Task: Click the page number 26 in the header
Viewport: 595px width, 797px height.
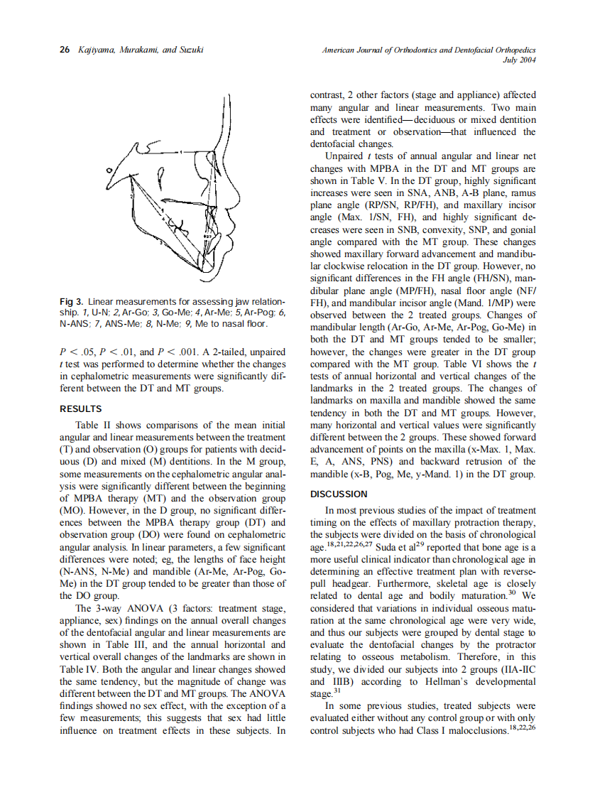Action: (x=64, y=50)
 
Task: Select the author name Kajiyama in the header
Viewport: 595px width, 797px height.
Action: (x=93, y=50)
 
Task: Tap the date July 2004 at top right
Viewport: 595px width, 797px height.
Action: (x=518, y=60)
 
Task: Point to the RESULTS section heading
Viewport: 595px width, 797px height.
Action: (x=81, y=409)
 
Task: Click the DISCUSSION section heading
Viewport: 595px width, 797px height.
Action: (x=339, y=494)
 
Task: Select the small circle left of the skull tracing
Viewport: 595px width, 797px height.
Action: (x=109, y=170)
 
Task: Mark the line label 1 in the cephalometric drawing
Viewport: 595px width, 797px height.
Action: (x=181, y=152)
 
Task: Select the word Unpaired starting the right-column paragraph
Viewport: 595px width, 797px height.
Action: (x=342, y=156)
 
